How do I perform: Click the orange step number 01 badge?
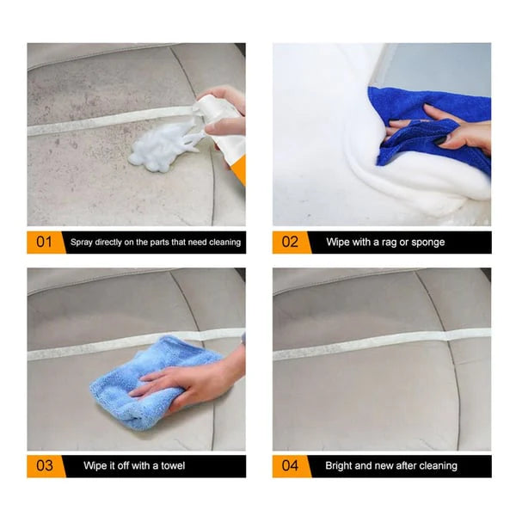tap(45, 243)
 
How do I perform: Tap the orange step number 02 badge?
tap(291, 243)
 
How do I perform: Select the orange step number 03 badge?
tap(45, 466)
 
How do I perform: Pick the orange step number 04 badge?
tap(291, 466)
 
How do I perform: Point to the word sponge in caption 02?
tap(427, 243)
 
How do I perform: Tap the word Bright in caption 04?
tap(340, 466)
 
